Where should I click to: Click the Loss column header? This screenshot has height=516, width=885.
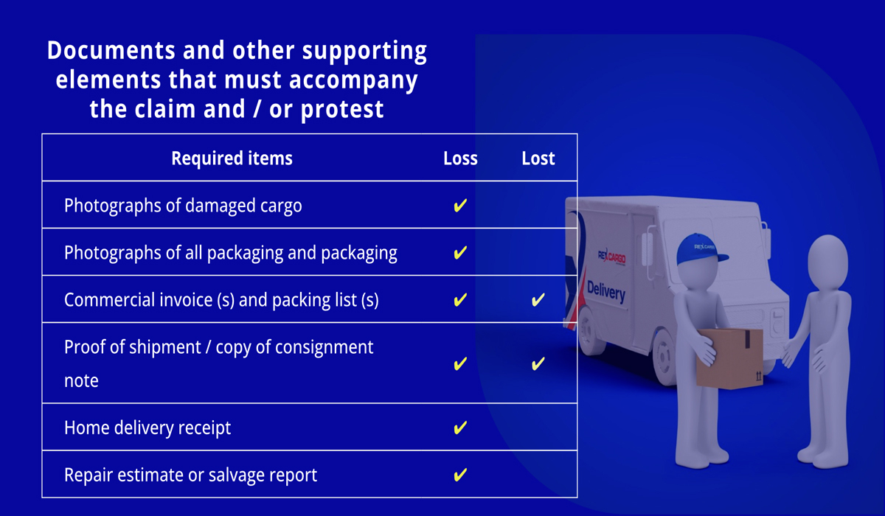(x=460, y=158)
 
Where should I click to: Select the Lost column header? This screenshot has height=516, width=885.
(x=538, y=158)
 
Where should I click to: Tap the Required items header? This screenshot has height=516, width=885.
(x=232, y=158)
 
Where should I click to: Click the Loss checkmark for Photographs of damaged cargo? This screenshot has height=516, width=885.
(x=460, y=206)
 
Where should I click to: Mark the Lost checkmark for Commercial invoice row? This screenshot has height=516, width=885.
(x=538, y=300)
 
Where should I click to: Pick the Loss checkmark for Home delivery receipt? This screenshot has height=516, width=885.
(x=460, y=428)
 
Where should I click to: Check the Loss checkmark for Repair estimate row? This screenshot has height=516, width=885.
(x=460, y=475)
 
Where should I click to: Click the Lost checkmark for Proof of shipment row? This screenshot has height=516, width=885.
(x=538, y=363)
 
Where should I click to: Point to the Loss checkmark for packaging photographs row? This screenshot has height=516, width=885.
(x=460, y=253)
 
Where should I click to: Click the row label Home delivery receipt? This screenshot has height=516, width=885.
(x=147, y=428)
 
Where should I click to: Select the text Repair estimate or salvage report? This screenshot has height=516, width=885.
(x=190, y=475)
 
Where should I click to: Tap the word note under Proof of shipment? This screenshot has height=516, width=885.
(x=81, y=381)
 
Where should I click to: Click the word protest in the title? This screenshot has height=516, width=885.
(x=342, y=110)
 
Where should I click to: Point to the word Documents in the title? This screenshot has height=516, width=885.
(x=111, y=51)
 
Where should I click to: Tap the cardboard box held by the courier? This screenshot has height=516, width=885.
(x=729, y=358)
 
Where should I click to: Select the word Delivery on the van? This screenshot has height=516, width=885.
(x=606, y=292)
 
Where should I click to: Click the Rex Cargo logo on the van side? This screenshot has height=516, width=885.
(x=611, y=257)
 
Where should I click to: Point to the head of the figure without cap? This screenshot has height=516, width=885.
(x=827, y=263)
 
